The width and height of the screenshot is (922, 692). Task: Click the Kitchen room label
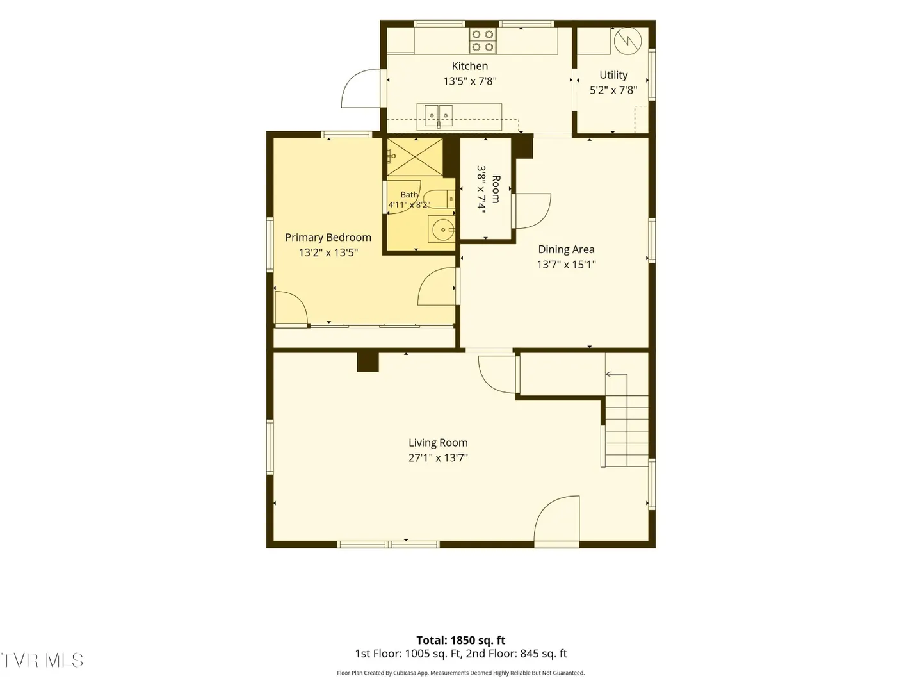[x=469, y=66]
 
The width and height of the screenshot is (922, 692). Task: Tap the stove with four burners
[x=483, y=40]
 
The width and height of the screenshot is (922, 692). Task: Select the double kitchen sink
[x=439, y=116]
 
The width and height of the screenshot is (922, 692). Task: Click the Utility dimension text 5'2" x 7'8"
[x=613, y=90]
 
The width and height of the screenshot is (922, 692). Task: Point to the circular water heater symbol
[x=628, y=41]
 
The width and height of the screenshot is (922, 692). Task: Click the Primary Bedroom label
[x=328, y=237]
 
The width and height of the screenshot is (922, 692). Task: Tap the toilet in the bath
[x=439, y=199]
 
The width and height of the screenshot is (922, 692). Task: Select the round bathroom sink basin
[x=442, y=229]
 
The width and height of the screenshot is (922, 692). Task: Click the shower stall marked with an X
[x=415, y=157]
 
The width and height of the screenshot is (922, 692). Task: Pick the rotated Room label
[x=496, y=190]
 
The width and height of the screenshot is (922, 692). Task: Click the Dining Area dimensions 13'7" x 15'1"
[x=566, y=264]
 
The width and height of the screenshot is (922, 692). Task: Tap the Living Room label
[x=438, y=442]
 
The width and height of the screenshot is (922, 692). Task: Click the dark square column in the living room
[x=368, y=362]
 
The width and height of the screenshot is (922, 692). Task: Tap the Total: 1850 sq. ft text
[x=461, y=640]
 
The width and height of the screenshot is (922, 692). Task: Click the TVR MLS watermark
[x=42, y=661]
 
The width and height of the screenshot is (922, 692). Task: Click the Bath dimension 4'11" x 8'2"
[x=409, y=205]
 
